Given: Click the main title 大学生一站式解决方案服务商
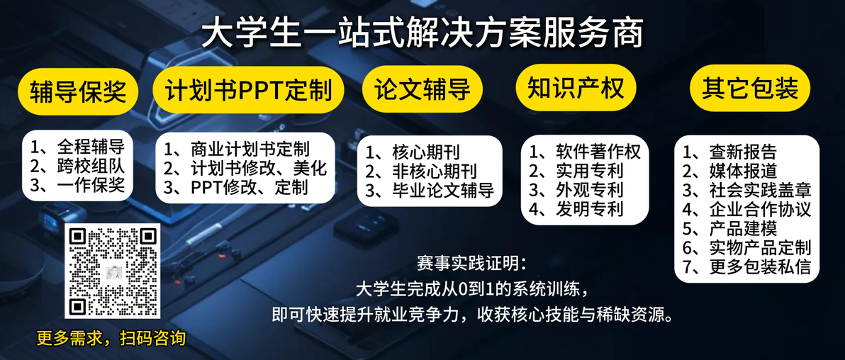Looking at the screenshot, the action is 422,35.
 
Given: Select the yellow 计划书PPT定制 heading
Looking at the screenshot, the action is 248,90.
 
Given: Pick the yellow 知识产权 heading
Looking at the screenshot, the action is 576,87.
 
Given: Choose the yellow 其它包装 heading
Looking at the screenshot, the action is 750,89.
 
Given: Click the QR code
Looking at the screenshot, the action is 113,271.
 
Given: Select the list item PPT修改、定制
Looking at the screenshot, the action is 236,188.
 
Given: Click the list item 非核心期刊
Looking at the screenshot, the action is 421,171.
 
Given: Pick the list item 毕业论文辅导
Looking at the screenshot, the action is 430,190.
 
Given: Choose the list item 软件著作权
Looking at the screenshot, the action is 586,152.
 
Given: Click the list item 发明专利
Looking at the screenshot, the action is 576,208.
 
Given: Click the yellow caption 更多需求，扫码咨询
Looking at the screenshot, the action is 111,338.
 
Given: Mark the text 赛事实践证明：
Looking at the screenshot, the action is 470,264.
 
